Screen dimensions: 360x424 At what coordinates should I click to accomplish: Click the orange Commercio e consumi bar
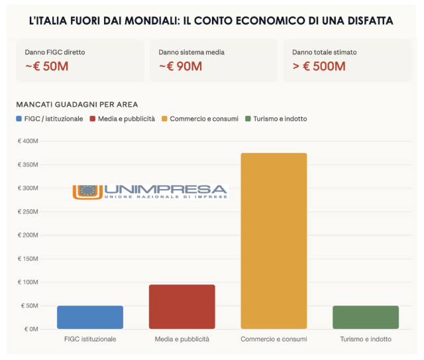click(x=274, y=241)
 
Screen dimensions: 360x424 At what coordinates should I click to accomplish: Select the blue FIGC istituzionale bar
click(x=89, y=318)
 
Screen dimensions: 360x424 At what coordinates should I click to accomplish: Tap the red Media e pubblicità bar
click(x=182, y=307)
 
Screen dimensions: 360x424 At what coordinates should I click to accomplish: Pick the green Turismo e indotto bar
click(x=365, y=318)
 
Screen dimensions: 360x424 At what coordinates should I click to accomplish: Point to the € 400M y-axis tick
click(x=28, y=141)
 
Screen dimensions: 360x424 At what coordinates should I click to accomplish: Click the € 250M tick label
click(x=28, y=211)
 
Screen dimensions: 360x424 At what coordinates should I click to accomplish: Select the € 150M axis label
click(x=28, y=259)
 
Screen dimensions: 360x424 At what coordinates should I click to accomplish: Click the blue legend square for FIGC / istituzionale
click(x=19, y=119)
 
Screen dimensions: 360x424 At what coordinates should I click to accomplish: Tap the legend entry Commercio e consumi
click(x=203, y=119)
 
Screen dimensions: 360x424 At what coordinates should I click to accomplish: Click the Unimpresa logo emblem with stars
click(x=87, y=191)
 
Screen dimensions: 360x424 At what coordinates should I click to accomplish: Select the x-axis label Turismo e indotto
click(x=365, y=339)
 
